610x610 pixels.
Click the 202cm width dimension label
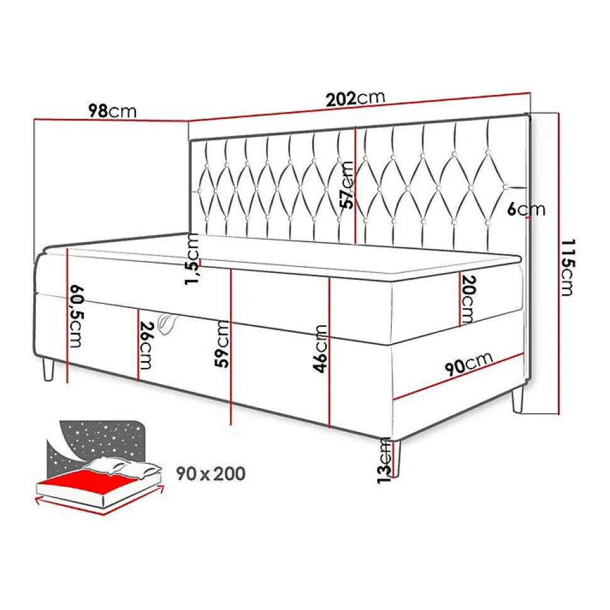[355, 99]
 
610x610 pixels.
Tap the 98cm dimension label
[113, 111]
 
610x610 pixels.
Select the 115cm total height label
[568, 267]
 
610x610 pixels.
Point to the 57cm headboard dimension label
[347, 184]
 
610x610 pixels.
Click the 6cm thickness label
[526, 209]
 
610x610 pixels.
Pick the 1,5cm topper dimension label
[192, 259]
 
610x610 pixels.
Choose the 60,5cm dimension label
[75, 316]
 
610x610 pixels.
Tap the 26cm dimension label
[145, 345]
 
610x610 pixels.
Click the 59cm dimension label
[222, 343]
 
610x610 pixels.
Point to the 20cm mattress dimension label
[468, 299]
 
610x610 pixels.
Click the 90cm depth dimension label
[469, 363]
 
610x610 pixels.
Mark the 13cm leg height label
[384, 460]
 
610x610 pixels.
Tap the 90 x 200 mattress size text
[211, 474]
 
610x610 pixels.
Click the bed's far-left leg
[48, 369]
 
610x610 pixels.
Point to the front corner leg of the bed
[397, 458]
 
